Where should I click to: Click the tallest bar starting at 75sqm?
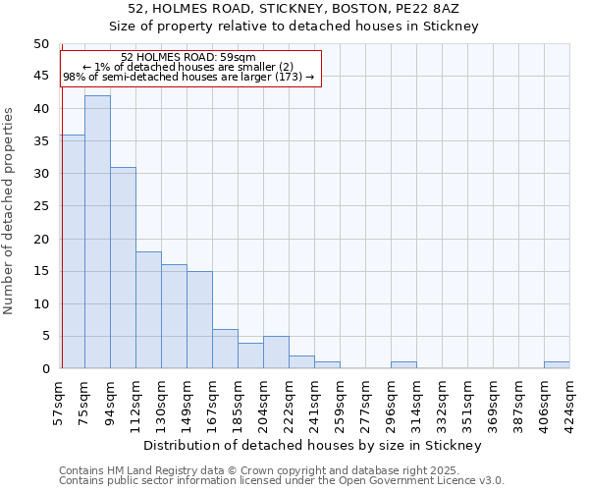pos(97,232)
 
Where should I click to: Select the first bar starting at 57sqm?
pos(73,251)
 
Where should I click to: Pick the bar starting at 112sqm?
pos(148,309)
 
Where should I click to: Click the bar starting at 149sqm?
pos(199,319)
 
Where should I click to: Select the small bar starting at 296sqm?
pos(403,365)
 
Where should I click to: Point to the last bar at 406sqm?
pos(557,365)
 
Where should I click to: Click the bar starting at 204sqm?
pos(276,352)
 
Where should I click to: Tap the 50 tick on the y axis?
pos(41,44)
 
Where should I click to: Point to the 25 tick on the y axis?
pos(41,206)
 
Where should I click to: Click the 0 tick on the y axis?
pos(45,369)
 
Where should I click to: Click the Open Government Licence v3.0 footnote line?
pos(282,481)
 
